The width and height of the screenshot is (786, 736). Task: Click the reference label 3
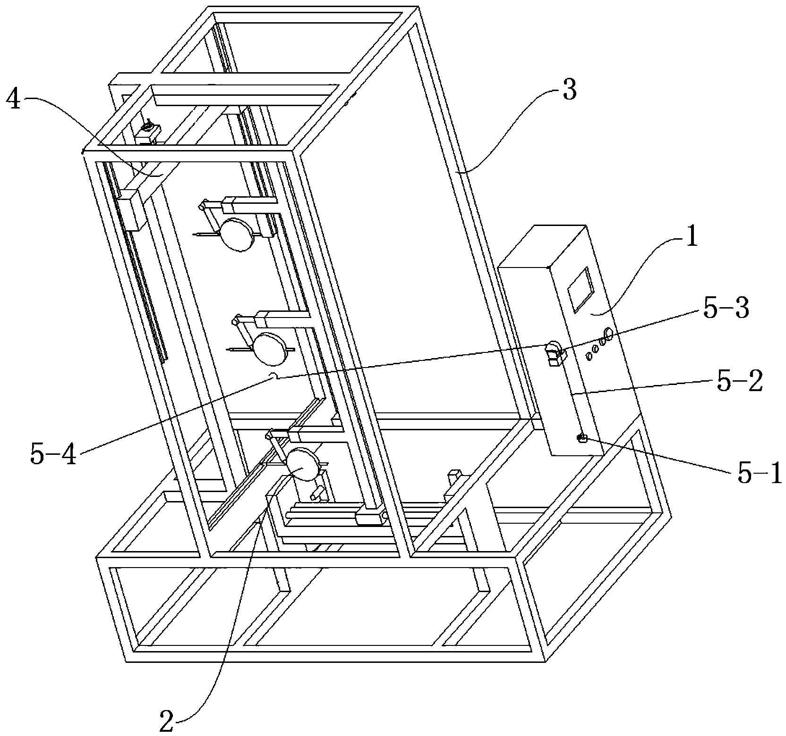pyautogui.click(x=569, y=91)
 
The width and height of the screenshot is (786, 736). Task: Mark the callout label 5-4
pyautogui.click(x=53, y=455)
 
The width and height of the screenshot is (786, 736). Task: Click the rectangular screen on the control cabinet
pyautogui.click(x=579, y=291)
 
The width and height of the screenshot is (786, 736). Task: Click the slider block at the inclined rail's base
pyautogui.click(x=372, y=517)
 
